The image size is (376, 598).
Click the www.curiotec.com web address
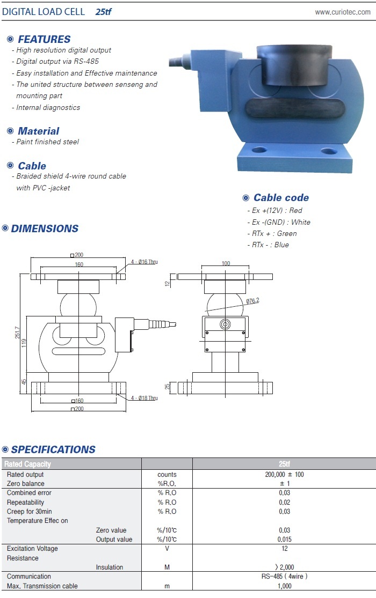coord(342,12)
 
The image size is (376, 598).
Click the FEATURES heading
coord(44,39)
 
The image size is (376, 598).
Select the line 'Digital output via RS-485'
coord(57,61)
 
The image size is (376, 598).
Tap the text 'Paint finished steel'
coord(47,142)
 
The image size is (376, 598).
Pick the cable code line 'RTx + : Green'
coord(274,234)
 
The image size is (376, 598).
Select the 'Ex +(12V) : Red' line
coord(277,211)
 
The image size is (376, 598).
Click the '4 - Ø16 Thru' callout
coord(144,262)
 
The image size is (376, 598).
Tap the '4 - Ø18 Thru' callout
coord(144,398)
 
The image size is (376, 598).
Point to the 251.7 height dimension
coord(17,333)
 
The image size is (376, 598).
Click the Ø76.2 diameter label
coord(252,301)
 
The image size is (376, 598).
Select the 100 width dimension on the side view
coord(226,263)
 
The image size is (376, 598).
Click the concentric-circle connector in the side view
coord(225,324)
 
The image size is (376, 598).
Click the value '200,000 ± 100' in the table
coord(284,475)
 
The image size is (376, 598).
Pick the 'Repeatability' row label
coord(25,503)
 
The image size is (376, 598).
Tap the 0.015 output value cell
coord(284,539)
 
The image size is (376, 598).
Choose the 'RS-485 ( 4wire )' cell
coord(284,576)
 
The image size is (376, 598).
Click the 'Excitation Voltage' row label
coord(32,549)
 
